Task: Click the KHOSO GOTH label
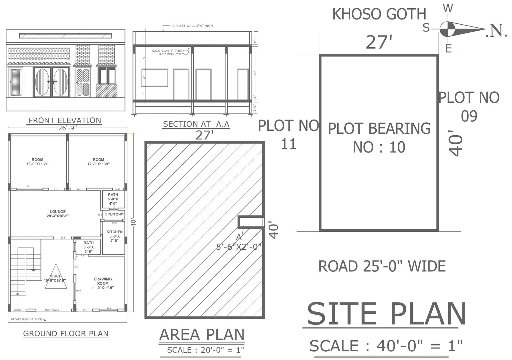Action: click(379, 14)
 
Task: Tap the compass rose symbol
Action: click(447, 29)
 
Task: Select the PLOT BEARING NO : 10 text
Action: click(379, 137)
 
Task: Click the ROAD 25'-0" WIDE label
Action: click(382, 266)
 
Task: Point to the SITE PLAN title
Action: click(387, 314)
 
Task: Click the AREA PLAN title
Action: click(202, 335)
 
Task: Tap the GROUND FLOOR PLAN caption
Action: click(66, 334)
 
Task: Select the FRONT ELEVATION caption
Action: click(65, 121)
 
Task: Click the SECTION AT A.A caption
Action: click(196, 124)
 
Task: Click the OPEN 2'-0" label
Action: click(114, 214)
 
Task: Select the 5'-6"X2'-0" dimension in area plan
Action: click(239, 247)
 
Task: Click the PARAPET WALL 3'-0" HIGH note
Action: click(192, 26)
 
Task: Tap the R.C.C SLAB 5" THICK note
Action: click(168, 51)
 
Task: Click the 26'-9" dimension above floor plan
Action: click(67, 128)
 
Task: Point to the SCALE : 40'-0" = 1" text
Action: click(386, 346)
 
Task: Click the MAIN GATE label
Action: click(52, 310)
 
